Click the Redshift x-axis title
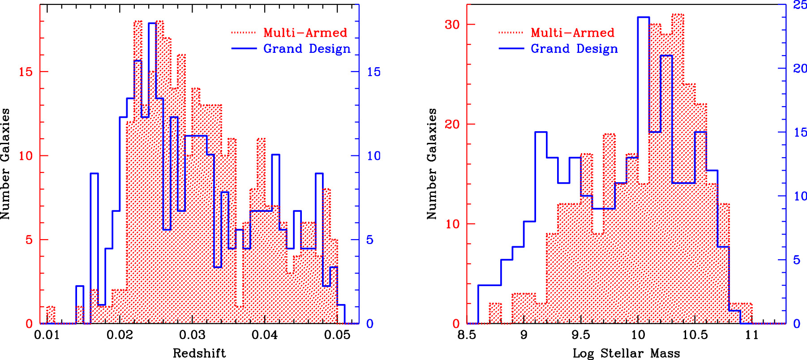click(x=199, y=353)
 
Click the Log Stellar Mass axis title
click(x=626, y=353)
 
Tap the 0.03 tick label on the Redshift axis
click(x=192, y=335)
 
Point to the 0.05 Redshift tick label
click(x=337, y=335)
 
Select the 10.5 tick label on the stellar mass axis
click(x=695, y=335)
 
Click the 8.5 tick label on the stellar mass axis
click(x=467, y=335)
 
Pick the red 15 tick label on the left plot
click(x=26, y=72)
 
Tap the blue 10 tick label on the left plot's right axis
click(x=373, y=156)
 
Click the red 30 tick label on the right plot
click(x=452, y=25)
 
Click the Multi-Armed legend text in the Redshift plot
click(x=305, y=33)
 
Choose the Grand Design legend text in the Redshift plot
click(x=307, y=48)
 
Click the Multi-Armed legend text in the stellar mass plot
click(x=572, y=33)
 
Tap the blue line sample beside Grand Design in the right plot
click(x=511, y=48)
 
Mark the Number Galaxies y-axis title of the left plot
click(x=5, y=163)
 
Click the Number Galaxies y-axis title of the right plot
click(x=432, y=163)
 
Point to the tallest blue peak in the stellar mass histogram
click(x=643, y=17)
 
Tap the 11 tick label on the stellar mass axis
click(x=752, y=335)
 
